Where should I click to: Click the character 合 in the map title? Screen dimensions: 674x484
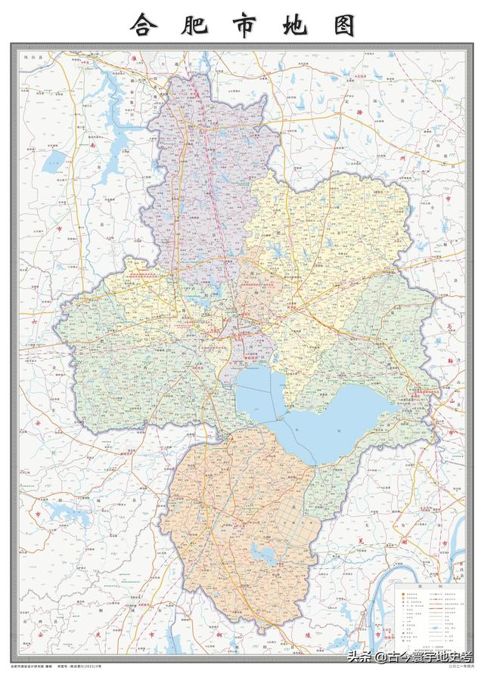144,26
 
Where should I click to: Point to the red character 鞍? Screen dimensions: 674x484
448,361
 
